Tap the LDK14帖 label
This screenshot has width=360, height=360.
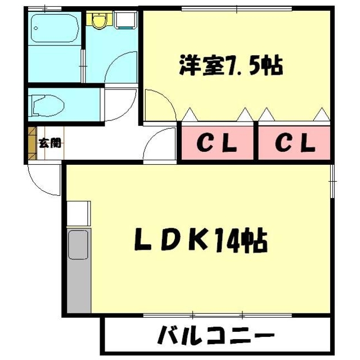[x=200, y=242]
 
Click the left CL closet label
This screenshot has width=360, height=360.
[x=217, y=145]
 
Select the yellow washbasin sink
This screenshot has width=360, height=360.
[x=100, y=21]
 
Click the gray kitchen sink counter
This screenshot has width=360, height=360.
[x=78, y=270]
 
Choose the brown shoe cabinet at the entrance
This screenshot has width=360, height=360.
[x=31, y=145]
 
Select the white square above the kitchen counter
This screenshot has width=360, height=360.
[x=78, y=213]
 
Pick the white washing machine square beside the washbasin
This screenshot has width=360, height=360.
[x=127, y=20]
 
